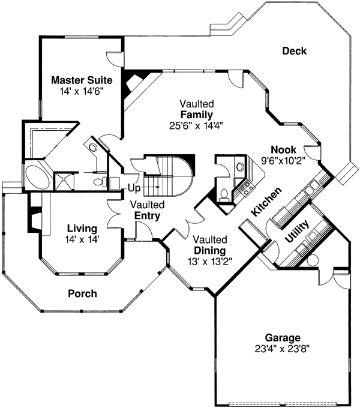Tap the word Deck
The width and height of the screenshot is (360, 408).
(x=295, y=51)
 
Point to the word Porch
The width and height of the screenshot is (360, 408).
(x=82, y=293)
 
